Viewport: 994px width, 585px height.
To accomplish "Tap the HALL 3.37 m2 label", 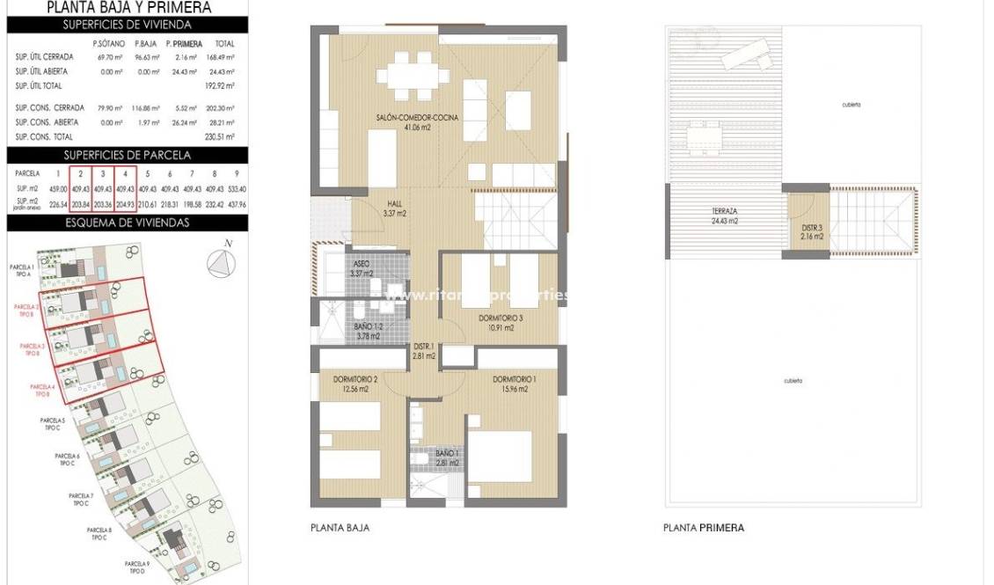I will (393, 208).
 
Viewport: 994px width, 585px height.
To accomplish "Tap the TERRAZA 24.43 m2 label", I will (725, 216).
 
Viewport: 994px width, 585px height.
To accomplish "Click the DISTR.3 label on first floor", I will (812, 231).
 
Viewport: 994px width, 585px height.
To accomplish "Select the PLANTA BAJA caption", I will (340, 528).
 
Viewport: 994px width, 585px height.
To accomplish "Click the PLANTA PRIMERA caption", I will (703, 528).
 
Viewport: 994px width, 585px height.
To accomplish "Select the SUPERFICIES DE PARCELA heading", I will (128, 155).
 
